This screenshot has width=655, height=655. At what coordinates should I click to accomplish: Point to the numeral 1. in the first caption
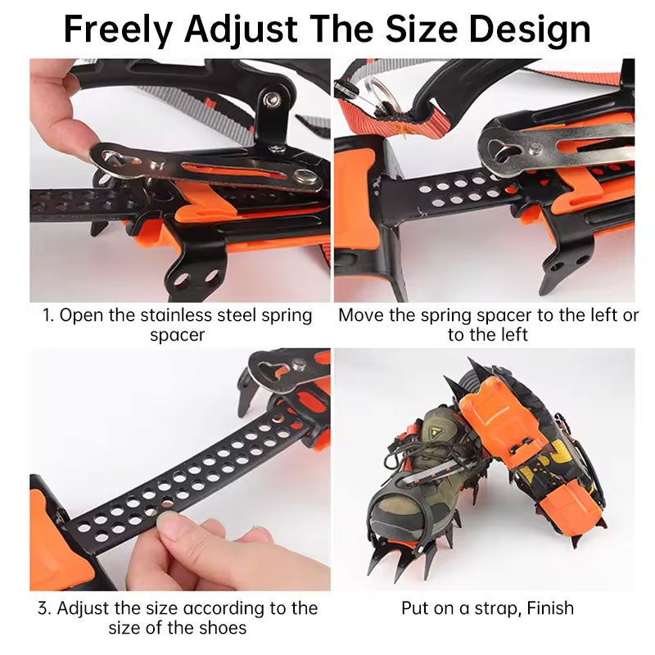[48, 316]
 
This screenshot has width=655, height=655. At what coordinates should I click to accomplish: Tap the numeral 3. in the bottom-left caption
[44, 608]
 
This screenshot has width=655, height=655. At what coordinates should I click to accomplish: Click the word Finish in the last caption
[549, 608]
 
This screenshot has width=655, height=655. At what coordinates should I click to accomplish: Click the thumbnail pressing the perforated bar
[170, 522]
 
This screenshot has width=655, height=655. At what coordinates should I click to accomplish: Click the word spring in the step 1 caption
[286, 316]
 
